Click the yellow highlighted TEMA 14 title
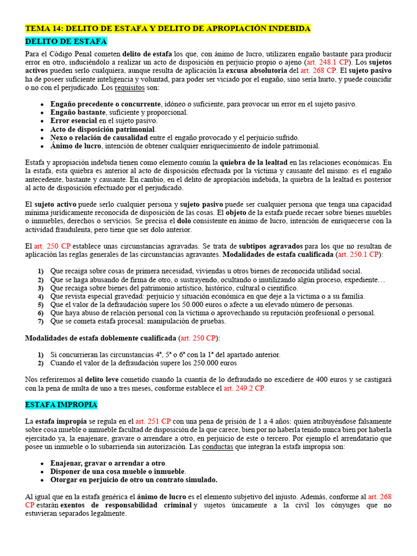[168, 28]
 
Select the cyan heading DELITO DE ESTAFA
[66, 41]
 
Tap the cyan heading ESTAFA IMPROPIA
[61, 405]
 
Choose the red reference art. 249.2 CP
[244, 388]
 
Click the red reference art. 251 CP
[153, 421]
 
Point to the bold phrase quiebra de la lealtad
[253, 162]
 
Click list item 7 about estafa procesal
[130, 321]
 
